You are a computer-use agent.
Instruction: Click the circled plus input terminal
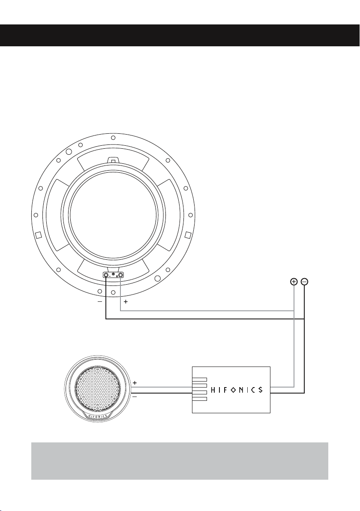click(294, 281)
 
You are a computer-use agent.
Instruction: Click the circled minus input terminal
click(304, 281)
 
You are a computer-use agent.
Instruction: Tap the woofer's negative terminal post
click(106, 276)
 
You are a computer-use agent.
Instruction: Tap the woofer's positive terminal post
click(121, 276)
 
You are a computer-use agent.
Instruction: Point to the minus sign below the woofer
click(100, 302)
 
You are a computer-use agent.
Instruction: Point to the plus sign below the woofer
click(126, 302)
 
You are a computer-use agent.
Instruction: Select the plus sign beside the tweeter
click(135, 382)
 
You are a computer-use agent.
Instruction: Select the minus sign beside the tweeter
click(135, 397)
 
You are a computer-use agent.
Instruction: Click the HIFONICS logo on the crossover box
click(237, 389)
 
